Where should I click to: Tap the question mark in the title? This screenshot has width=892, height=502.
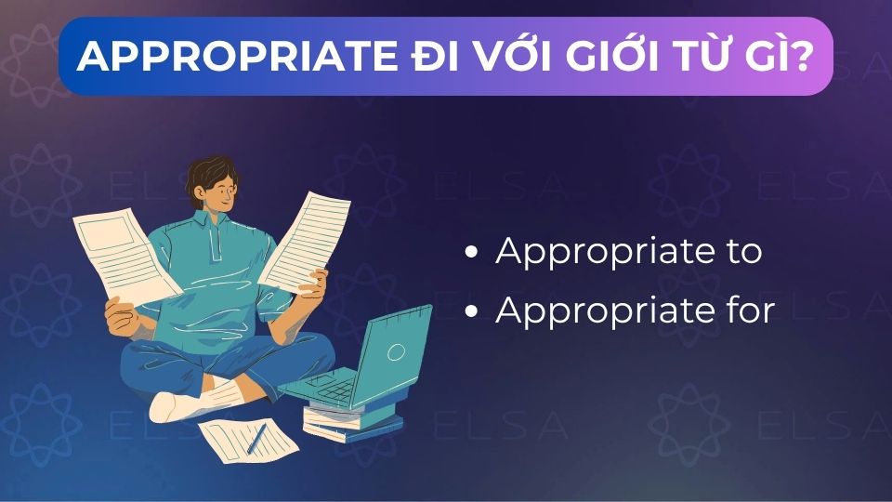(x=805, y=58)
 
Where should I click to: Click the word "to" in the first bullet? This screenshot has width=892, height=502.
(x=743, y=252)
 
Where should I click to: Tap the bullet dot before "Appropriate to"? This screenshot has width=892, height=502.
(x=474, y=253)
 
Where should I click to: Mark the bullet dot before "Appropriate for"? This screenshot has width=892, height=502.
(x=474, y=310)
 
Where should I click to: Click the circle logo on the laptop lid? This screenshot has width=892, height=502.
(x=396, y=351)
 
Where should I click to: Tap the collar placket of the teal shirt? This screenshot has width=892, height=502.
(x=216, y=244)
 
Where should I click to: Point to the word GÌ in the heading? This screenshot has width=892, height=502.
(x=767, y=58)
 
